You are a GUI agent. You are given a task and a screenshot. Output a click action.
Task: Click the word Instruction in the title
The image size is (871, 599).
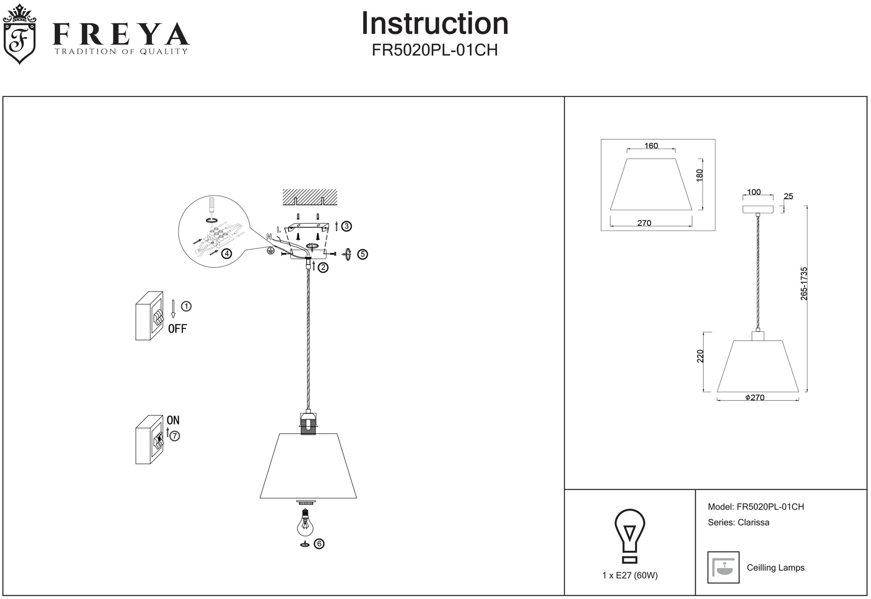click(x=435, y=24)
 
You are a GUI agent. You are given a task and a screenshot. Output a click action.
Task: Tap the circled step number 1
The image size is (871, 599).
click(x=186, y=306)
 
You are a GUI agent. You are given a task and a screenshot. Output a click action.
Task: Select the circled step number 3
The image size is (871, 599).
click(x=346, y=226)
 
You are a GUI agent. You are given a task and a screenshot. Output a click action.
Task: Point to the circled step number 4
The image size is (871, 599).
click(x=226, y=253)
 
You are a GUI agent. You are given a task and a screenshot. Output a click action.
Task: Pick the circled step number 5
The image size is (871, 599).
click(x=362, y=254)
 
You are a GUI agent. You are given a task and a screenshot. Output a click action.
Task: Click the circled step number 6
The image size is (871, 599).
click(x=319, y=544)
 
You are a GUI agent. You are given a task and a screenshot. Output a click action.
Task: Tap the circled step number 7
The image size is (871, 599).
click(x=174, y=436)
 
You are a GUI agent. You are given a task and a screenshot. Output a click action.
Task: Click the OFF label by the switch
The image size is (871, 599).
click(x=177, y=329)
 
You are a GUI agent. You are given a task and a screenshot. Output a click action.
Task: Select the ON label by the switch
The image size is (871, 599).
click(x=173, y=420)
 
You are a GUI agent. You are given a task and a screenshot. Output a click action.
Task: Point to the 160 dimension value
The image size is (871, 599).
click(x=651, y=146)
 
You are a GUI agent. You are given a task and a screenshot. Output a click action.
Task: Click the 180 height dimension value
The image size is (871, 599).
click(x=699, y=175)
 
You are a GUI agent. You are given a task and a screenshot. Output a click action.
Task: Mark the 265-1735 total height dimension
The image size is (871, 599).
click(x=804, y=283)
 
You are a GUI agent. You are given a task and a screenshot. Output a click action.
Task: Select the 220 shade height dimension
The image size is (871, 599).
click(x=700, y=356)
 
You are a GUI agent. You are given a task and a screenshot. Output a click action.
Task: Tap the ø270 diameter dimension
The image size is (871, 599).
click(x=755, y=397)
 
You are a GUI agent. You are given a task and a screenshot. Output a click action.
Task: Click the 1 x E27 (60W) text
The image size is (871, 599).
click(x=630, y=575)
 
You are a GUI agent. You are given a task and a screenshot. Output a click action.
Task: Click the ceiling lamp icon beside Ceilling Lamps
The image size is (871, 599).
click(x=723, y=567)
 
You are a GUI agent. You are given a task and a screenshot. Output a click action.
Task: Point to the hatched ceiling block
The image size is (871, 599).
click(x=310, y=197)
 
